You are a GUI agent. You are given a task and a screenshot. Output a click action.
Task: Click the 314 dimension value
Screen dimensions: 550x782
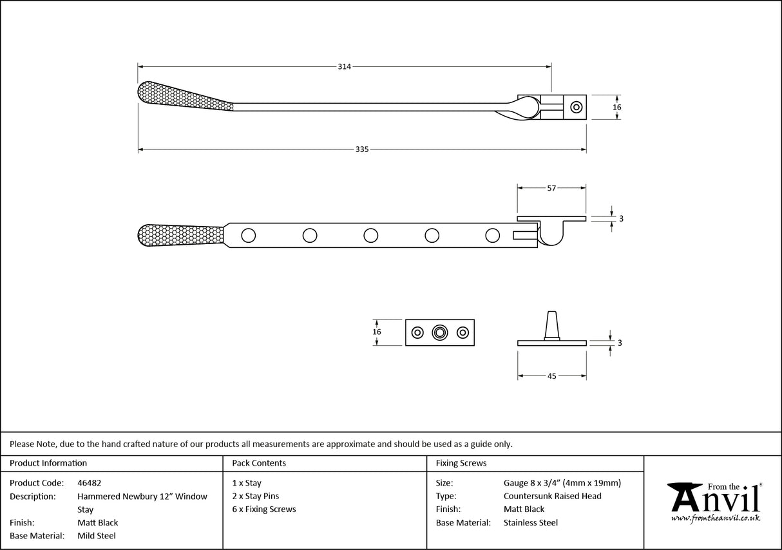[x=344, y=66]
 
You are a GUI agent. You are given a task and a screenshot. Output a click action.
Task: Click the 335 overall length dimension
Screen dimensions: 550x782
[x=362, y=149]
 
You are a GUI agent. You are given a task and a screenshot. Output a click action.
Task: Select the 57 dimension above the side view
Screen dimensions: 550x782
[x=551, y=188]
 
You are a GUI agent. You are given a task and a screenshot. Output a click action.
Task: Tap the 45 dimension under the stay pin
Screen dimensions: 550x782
[x=551, y=376]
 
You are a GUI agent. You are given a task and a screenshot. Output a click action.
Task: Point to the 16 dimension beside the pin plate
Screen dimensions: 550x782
[x=377, y=332]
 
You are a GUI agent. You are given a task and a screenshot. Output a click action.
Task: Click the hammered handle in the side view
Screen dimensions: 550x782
[x=180, y=234]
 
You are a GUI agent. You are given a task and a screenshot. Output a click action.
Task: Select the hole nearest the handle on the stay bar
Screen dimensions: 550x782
[x=248, y=235]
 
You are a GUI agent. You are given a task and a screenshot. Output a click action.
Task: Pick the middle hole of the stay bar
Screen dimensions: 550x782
[x=370, y=235]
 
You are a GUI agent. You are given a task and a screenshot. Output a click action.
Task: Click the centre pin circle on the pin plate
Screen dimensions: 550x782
[x=440, y=332]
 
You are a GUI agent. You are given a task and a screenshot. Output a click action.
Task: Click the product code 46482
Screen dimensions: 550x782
[x=89, y=483]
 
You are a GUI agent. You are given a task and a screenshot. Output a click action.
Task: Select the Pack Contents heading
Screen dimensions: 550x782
[x=259, y=463]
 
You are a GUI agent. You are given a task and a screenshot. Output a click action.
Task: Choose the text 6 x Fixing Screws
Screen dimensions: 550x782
[x=264, y=509]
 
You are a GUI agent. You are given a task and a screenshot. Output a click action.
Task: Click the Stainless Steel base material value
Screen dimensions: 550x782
[x=530, y=523]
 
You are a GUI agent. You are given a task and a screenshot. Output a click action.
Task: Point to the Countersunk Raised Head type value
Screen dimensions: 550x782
[x=552, y=496]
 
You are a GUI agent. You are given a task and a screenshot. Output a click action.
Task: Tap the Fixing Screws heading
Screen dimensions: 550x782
[x=461, y=463]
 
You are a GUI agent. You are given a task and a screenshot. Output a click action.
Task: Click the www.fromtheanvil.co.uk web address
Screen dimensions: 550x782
[x=715, y=518]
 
